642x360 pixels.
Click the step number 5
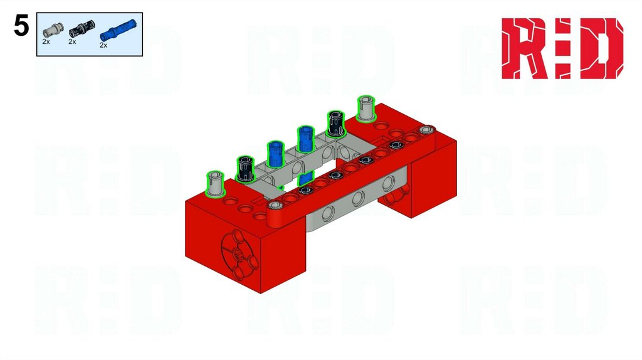pyautogui.click(x=21, y=26)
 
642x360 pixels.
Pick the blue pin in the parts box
pyautogui.click(x=118, y=29)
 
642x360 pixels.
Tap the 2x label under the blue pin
pyautogui.click(x=103, y=45)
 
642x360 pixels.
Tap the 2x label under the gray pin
pyautogui.click(x=46, y=41)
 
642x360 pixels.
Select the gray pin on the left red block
pyautogui.click(x=215, y=184)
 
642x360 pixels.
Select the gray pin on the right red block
pyautogui.click(x=366, y=109)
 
